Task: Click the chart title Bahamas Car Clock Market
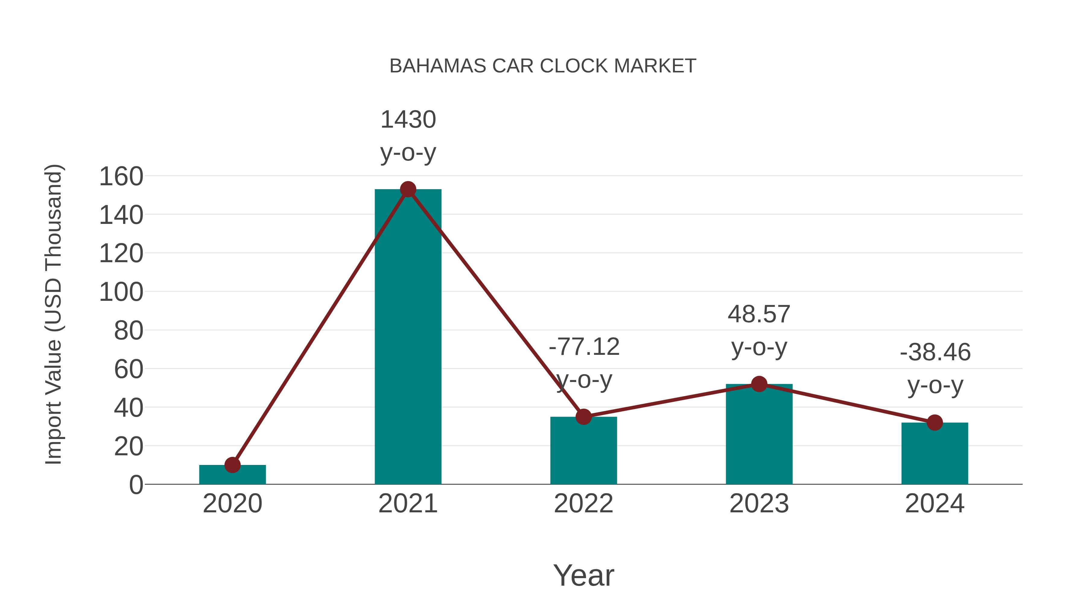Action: tap(543, 66)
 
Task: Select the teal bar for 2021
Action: tap(408, 337)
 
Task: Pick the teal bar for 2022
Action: tap(583, 451)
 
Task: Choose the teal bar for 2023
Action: tap(759, 434)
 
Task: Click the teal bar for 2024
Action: tap(935, 454)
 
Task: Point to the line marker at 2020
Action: tap(232, 465)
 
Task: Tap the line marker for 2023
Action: tap(759, 384)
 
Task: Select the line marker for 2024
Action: tap(935, 422)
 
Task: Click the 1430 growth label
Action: tap(408, 120)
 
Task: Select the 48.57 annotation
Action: tap(759, 315)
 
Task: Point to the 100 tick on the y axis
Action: tap(121, 292)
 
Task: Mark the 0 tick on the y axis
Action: tap(136, 485)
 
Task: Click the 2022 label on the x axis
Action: tap(583, 504)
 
